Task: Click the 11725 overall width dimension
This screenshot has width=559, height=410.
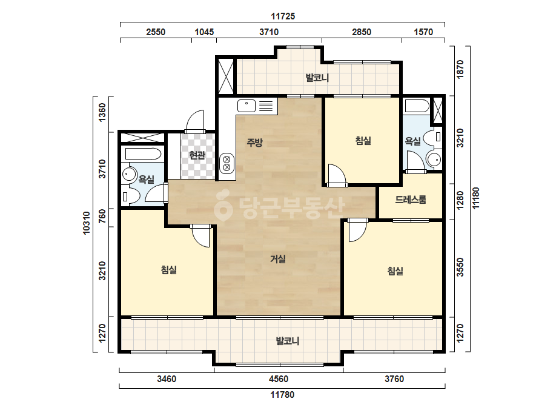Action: click(x=283, y=16)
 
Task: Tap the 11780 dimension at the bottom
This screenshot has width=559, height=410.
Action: click(x=282, y=395)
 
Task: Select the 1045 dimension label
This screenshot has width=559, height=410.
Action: click(x=204, y=32)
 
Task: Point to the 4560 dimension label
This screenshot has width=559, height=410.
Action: click(x=279, y=379)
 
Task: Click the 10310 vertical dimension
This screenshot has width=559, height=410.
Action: click(x=87, y=223)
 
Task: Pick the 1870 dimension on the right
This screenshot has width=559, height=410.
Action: click(x=460, y=69)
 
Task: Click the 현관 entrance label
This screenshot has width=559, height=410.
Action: click(x=197, y=155)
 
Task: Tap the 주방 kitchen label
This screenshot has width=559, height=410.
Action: click(x=254, y=143)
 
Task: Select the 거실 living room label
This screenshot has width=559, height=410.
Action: click(x=278, y=259)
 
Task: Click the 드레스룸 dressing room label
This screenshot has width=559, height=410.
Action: click(x=411, y=200)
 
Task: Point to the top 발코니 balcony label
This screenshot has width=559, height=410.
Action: click(x=317, y=78)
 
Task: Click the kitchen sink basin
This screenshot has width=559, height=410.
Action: click(x=246, y=106)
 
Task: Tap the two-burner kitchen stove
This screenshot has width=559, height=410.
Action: click(x=227, y=163)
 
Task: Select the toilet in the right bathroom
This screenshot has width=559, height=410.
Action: click(x=435, y=137)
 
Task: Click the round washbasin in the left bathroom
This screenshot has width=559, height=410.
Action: click(x=129, y=174)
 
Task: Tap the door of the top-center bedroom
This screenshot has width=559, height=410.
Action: click(x=337, y=175)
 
